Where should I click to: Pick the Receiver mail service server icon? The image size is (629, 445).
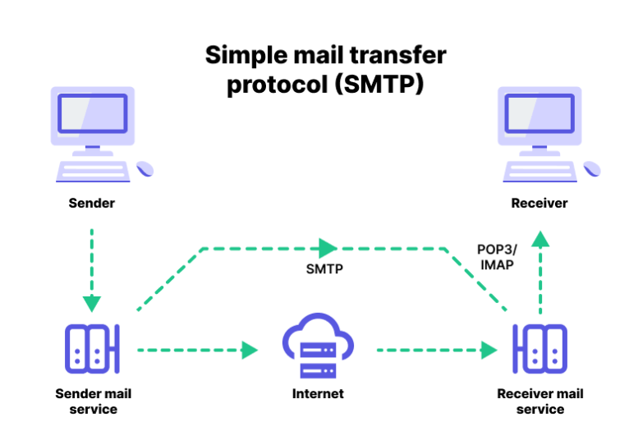pyautogui.click(x=539, y=349)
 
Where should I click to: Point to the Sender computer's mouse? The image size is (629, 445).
pyautogui.click(x=145, y=168)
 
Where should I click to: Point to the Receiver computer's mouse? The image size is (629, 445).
pyautogui.click(x=592, y=168)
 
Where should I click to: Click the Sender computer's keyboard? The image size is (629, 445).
pyautogui.click(x=92, y=170)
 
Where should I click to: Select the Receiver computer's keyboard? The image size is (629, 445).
pyautogui.click(x=539, y=170)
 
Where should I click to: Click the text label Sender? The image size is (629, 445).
pyautogui.click(x=92, y=203)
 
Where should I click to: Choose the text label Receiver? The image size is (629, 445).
pyautogui.click(x=539, y=203)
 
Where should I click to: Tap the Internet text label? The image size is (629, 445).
pyautogui.click(x=318, y=393)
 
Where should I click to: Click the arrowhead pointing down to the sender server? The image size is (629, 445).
pyautogui.click(x=92, y=303)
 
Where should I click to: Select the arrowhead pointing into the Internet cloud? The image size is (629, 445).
pyautogui.click(x=250, y=351)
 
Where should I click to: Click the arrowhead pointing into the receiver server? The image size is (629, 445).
pyautogui.click(x=489, y=351)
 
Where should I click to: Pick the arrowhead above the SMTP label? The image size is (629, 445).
pyautogui.click(x=328, y=247)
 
